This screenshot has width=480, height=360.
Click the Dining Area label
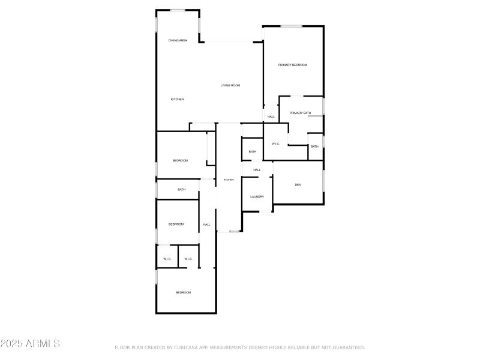[178, 40]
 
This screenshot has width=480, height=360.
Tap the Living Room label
[230, 86]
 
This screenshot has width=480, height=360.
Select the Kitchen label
[177, 99]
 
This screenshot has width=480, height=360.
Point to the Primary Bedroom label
[292, 65]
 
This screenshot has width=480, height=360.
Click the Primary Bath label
[300, 113]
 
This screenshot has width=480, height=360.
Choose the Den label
[298, 184]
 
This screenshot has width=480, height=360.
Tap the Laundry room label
[257, 197]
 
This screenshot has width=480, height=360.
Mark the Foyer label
[229, 180]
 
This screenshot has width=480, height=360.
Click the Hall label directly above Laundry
[257, 170]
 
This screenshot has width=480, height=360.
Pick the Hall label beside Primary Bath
[271, 116]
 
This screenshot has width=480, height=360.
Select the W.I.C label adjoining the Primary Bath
[275, 144]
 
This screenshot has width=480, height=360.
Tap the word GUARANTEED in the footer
[346, 347]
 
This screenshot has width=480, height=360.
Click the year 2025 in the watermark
[10, 344]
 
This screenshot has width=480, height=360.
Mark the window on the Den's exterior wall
[323, 181]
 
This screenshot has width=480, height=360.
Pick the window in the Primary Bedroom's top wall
[292, 26]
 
